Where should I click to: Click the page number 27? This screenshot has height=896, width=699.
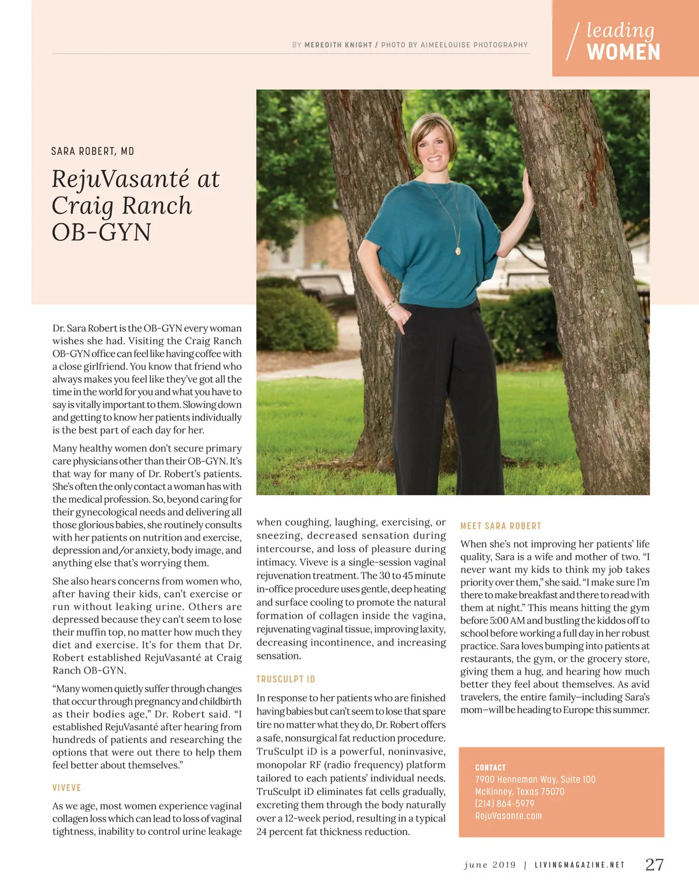pyautogui.click(x=654, y=864)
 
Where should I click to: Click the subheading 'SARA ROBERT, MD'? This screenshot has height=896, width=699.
pyautogui.click(x=93, y=151)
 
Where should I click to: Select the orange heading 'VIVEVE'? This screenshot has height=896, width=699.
pyautogui.click(x=67, y=788)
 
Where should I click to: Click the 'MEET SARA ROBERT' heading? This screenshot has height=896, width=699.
pyautogui.click(x=501, y=526)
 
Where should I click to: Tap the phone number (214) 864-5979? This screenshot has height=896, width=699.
pyautogui.click(x=504, y=803)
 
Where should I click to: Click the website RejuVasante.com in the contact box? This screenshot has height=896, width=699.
pyautogui.click(x=508, y=816)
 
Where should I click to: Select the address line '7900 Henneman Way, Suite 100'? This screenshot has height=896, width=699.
pyautogui.click(x=535, y=779)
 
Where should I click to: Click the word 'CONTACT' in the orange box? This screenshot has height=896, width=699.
pyautogui.click(x=490, y=767)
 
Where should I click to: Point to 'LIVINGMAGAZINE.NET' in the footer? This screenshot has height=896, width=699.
pyautogui.click(x=580, y=865)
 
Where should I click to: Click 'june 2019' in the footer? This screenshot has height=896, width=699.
pyautogui.click(x=490, y=865)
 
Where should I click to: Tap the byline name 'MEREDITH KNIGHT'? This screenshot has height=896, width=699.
pyautogui.click(x=338, y=45)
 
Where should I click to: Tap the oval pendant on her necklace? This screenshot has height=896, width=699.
pyautogui.click(x=458, y=251)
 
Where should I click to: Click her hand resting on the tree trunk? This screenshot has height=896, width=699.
pyautogui.click(x=529, y=189)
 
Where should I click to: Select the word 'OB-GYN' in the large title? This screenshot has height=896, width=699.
pyautogui.click(x=101, y=232)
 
